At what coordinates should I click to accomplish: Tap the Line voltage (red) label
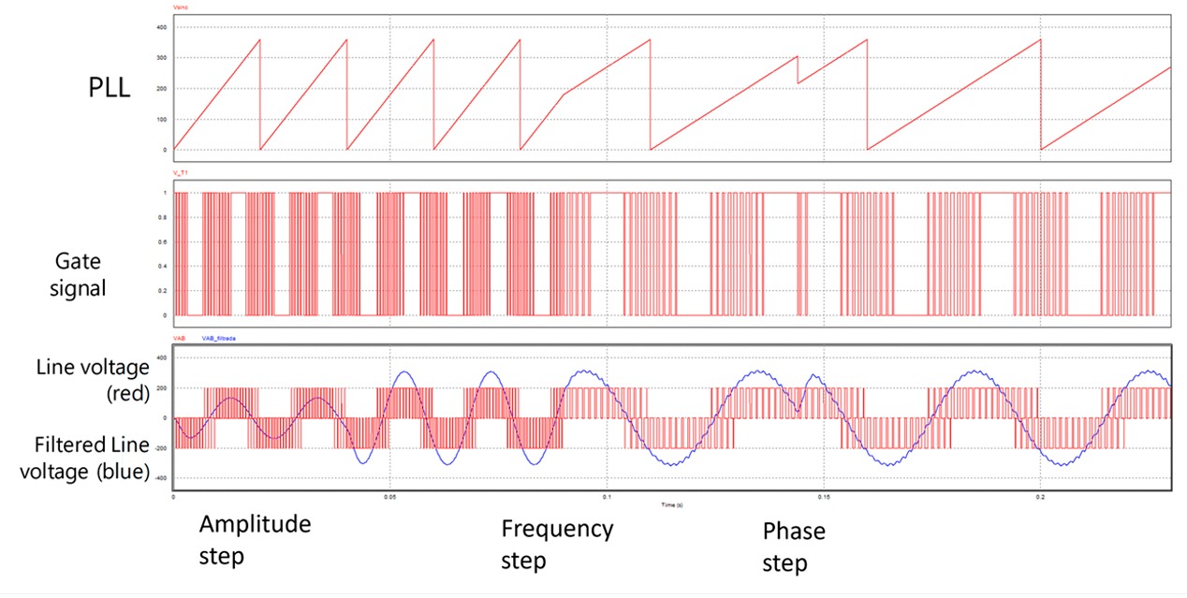(x=93, y=381)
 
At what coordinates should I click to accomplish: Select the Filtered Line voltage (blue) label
(x=93, y=458)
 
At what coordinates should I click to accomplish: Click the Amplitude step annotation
(x=254, y=540)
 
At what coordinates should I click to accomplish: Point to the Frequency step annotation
(x=557, y=545)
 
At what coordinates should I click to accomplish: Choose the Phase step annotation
(x=794, y=547)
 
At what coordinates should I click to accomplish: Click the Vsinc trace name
(x=181, y=7)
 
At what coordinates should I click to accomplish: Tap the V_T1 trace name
(x=181, y=173)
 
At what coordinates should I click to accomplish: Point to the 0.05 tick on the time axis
(x=390, y=497)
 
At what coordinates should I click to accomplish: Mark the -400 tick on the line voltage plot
(x=159, y=478)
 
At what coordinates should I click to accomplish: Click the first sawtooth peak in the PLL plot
(x=259, y=39)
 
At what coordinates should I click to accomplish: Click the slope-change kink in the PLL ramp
(x=564, y=94)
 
